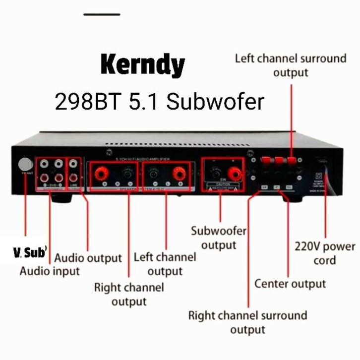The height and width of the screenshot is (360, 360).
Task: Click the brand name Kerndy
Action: click(142, 64)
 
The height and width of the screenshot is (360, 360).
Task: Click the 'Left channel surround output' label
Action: click(290, 65)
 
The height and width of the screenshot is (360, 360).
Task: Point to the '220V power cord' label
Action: click(325, 253)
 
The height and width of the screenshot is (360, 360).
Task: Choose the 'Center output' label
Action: click(290, 284)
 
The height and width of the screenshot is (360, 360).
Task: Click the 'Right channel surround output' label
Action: click(247, 322)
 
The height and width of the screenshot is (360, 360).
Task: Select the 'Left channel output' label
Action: click(165, 264)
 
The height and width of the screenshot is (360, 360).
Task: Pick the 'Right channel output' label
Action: click(129, 294)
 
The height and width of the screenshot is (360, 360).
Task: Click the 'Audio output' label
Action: click(88, 258)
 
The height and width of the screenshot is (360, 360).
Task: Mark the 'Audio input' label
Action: click(50, 271)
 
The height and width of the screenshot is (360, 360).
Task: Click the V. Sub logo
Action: click(30, 253)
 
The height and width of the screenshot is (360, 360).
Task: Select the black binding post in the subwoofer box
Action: click(215, 173)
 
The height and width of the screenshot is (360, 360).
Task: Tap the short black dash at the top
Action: click(102, 14)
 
